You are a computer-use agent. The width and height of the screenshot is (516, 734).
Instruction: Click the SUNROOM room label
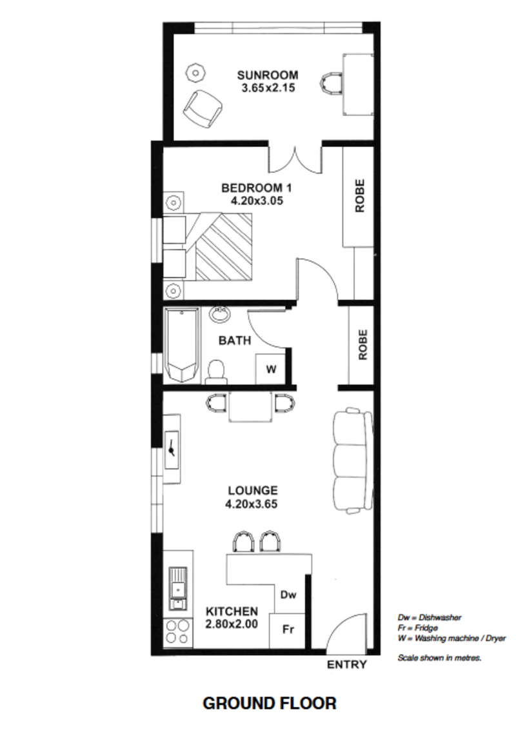pyautogui.click(x=268, y=75)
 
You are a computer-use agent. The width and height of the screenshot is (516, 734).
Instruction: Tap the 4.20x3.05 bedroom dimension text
pyautogui.click(x=257, y=201)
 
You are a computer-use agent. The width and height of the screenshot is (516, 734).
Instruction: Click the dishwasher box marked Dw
pyautogui.click(x=289, y=595)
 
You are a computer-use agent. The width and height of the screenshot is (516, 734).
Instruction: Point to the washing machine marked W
pyautogui.click(x=271, y=370)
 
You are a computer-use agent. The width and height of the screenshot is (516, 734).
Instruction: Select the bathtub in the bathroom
pyautogui.click(x=182, y=345)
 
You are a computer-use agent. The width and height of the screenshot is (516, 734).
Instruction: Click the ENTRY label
pyautogui.click(x=346, y=664)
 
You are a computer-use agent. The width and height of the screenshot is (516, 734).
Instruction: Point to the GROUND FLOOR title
pyautogui.click(x=269, y=703)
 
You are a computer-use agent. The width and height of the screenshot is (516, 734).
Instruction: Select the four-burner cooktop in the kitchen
pyautogui.click(x=177, y=632)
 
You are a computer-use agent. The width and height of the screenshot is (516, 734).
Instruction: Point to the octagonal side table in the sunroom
pyautogui.click(x=195, y=72)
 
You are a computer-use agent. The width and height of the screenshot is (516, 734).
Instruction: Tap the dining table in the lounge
pyautogui.click(x=250, y=406)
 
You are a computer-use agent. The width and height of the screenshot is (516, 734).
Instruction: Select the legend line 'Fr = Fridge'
pyautogui.click(x=418, y=628)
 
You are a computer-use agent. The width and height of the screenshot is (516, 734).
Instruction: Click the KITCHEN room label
pyautogui.click(x=232, y=611)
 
